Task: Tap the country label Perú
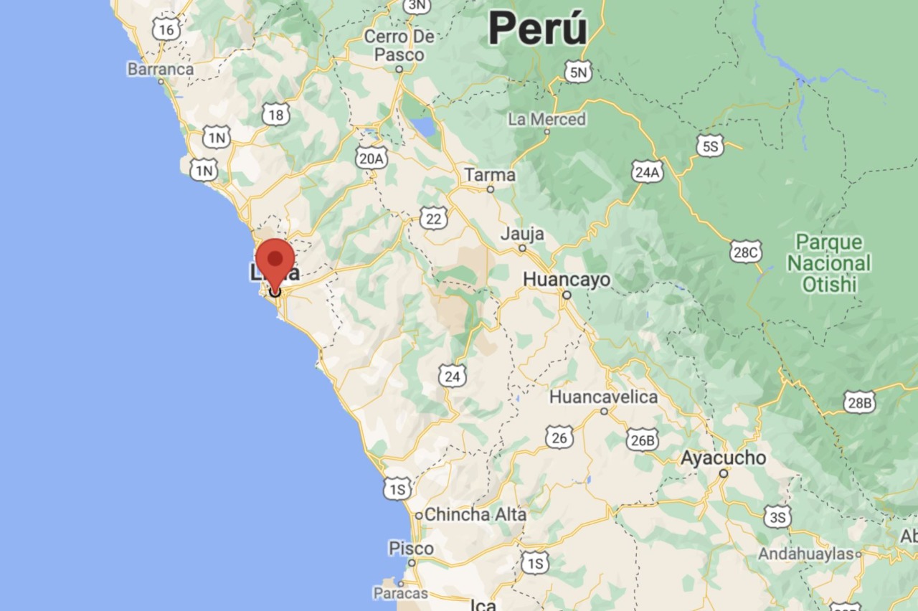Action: [x=538, y=30]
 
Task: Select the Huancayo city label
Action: [x=567, y=279]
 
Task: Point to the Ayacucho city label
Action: [x=723, y=458]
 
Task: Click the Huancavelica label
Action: [x=603, y=397]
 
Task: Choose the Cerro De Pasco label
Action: [x=399, y=45]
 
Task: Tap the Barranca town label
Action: [x=161, y=69]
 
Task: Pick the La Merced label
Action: [x=546, y=119]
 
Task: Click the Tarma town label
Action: [x=490, y=174]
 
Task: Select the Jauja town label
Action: [x=522, y=234]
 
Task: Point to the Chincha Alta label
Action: [x=475, y=514]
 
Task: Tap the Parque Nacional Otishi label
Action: [x=829, y=263]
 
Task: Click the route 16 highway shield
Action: [x=166, y=29]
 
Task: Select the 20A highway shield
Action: [x=372, y=158]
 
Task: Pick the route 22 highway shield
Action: [x=433, y=218]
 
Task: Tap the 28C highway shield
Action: [x=745, y=252]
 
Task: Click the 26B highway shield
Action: [x=642, y=440]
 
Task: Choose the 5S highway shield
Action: [x=709, y=146]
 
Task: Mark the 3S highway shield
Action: [x=777, y=516]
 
